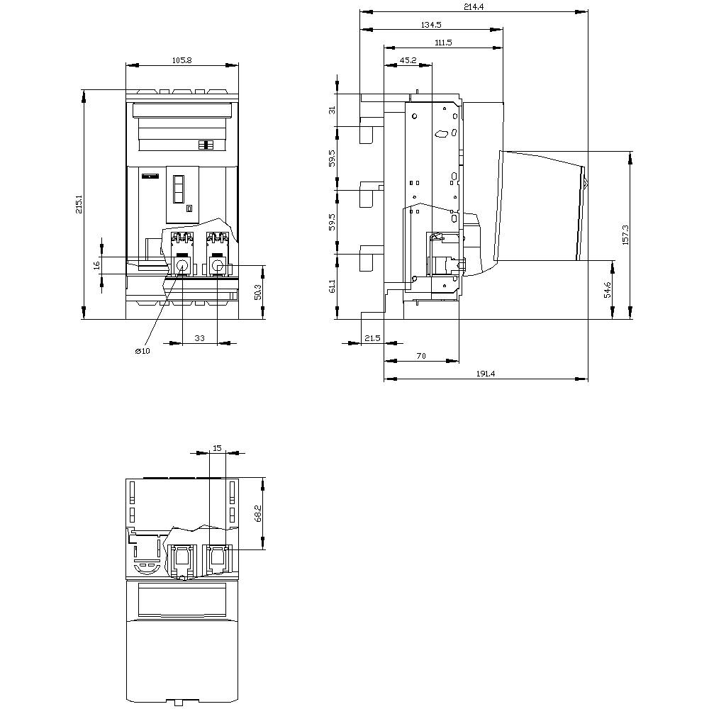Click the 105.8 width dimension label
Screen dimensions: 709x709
click(x=182, y=60)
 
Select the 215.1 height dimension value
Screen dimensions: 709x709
click(x=79, y=204)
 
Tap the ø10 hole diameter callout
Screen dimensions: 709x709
click(x=143, y=351)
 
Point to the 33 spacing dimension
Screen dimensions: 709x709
click(x=199, y=337)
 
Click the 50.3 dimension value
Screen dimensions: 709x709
click(x=258, y=292)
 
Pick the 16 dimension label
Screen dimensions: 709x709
click(x=96, y=265)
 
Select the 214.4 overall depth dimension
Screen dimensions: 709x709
click(x=474, y=7)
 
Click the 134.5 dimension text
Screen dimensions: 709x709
click(x=431, y=25)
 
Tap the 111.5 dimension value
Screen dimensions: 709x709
click(x=443, y=43)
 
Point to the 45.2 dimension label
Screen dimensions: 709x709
click(x=408, y=60)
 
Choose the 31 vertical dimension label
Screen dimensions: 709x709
click(x=333, y=110)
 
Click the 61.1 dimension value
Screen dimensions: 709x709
click(x=333, y=286)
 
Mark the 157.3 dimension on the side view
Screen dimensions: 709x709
click(x=626, y=235)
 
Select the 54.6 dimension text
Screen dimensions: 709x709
click(x=608, y=289)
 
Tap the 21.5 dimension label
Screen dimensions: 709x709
click(x=372, y=337)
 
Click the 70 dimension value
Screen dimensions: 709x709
click(x=421, y=356)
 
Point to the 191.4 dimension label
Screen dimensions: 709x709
click(x=486, y=374)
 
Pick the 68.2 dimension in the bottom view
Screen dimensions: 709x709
click(x=258, y=513)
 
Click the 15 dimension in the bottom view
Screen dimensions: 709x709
click(x=217, y=447)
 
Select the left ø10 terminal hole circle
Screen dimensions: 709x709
click(x=182, y=265)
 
